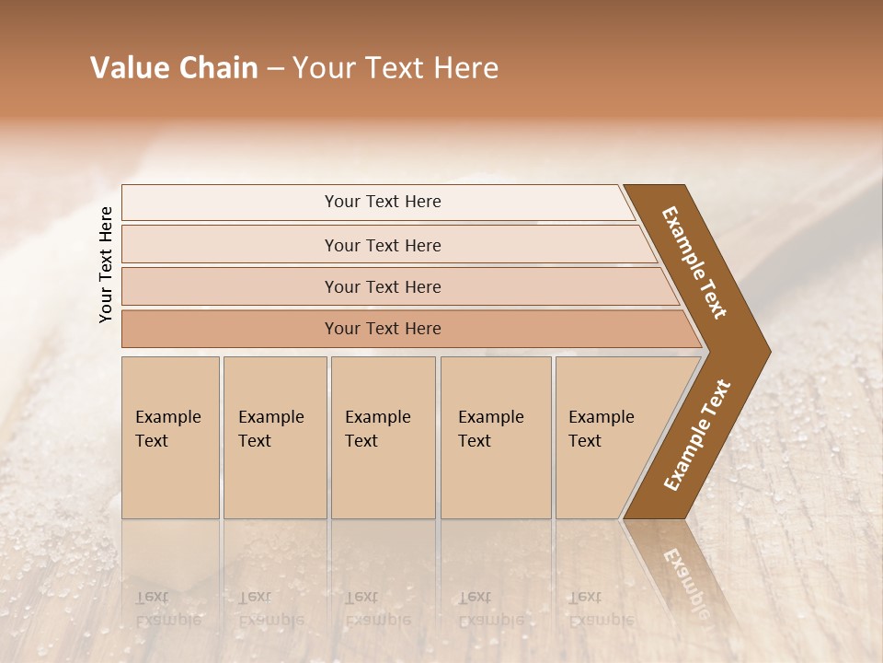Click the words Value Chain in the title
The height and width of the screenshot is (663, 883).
174,68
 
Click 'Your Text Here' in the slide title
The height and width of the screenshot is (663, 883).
396,68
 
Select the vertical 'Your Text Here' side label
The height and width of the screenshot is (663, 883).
106,264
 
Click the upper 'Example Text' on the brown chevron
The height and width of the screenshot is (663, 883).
694,262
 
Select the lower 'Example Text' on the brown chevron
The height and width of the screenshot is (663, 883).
697,436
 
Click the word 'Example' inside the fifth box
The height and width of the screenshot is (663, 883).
601,417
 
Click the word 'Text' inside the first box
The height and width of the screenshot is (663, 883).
152,441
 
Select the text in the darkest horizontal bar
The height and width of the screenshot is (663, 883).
383,329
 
